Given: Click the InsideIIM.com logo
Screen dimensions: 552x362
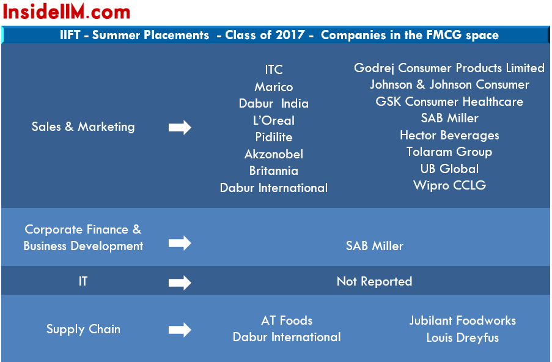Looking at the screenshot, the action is coord(67,12).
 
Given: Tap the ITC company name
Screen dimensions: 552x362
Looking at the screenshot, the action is coord(274,70).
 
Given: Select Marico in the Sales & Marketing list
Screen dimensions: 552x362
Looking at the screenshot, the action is coord(274,87).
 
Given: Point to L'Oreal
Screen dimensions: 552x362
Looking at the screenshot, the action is coord(274,120).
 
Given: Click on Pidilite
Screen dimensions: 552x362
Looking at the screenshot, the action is coord(274,137).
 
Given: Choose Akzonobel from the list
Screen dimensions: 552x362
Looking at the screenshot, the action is coord(274,154).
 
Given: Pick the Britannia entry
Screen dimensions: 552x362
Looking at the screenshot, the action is coord(274,171).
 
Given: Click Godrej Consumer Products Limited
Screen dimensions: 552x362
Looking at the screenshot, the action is coord(449,68).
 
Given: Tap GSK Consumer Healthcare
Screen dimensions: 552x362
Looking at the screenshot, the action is coord(449,102).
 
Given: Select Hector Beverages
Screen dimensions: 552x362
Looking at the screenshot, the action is coord(449,135).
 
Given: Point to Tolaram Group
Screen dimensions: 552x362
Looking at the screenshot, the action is coord(449,152).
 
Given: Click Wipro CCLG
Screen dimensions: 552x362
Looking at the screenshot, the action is coord(449,185).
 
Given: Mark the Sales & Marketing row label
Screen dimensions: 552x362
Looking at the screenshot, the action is coord(83,127).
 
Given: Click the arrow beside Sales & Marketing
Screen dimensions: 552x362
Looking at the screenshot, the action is coord(180,127).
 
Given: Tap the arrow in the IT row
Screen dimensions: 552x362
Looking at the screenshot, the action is coord(180,283).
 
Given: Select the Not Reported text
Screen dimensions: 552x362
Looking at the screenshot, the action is coord(374,281).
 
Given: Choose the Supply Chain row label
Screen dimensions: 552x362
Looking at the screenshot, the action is coord(83,329).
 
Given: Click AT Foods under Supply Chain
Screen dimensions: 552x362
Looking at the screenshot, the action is coord(287,320).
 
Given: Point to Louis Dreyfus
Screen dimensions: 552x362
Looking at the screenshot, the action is coord(463,338).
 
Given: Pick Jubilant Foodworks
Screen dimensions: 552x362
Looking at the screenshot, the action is coord(463,320).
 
